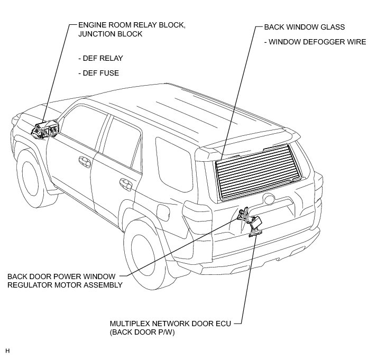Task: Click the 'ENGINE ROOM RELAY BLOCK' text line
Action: [x=124, y=25]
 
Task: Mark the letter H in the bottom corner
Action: [x=7, y=350]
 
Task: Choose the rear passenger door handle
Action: [x=125, y=184]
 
